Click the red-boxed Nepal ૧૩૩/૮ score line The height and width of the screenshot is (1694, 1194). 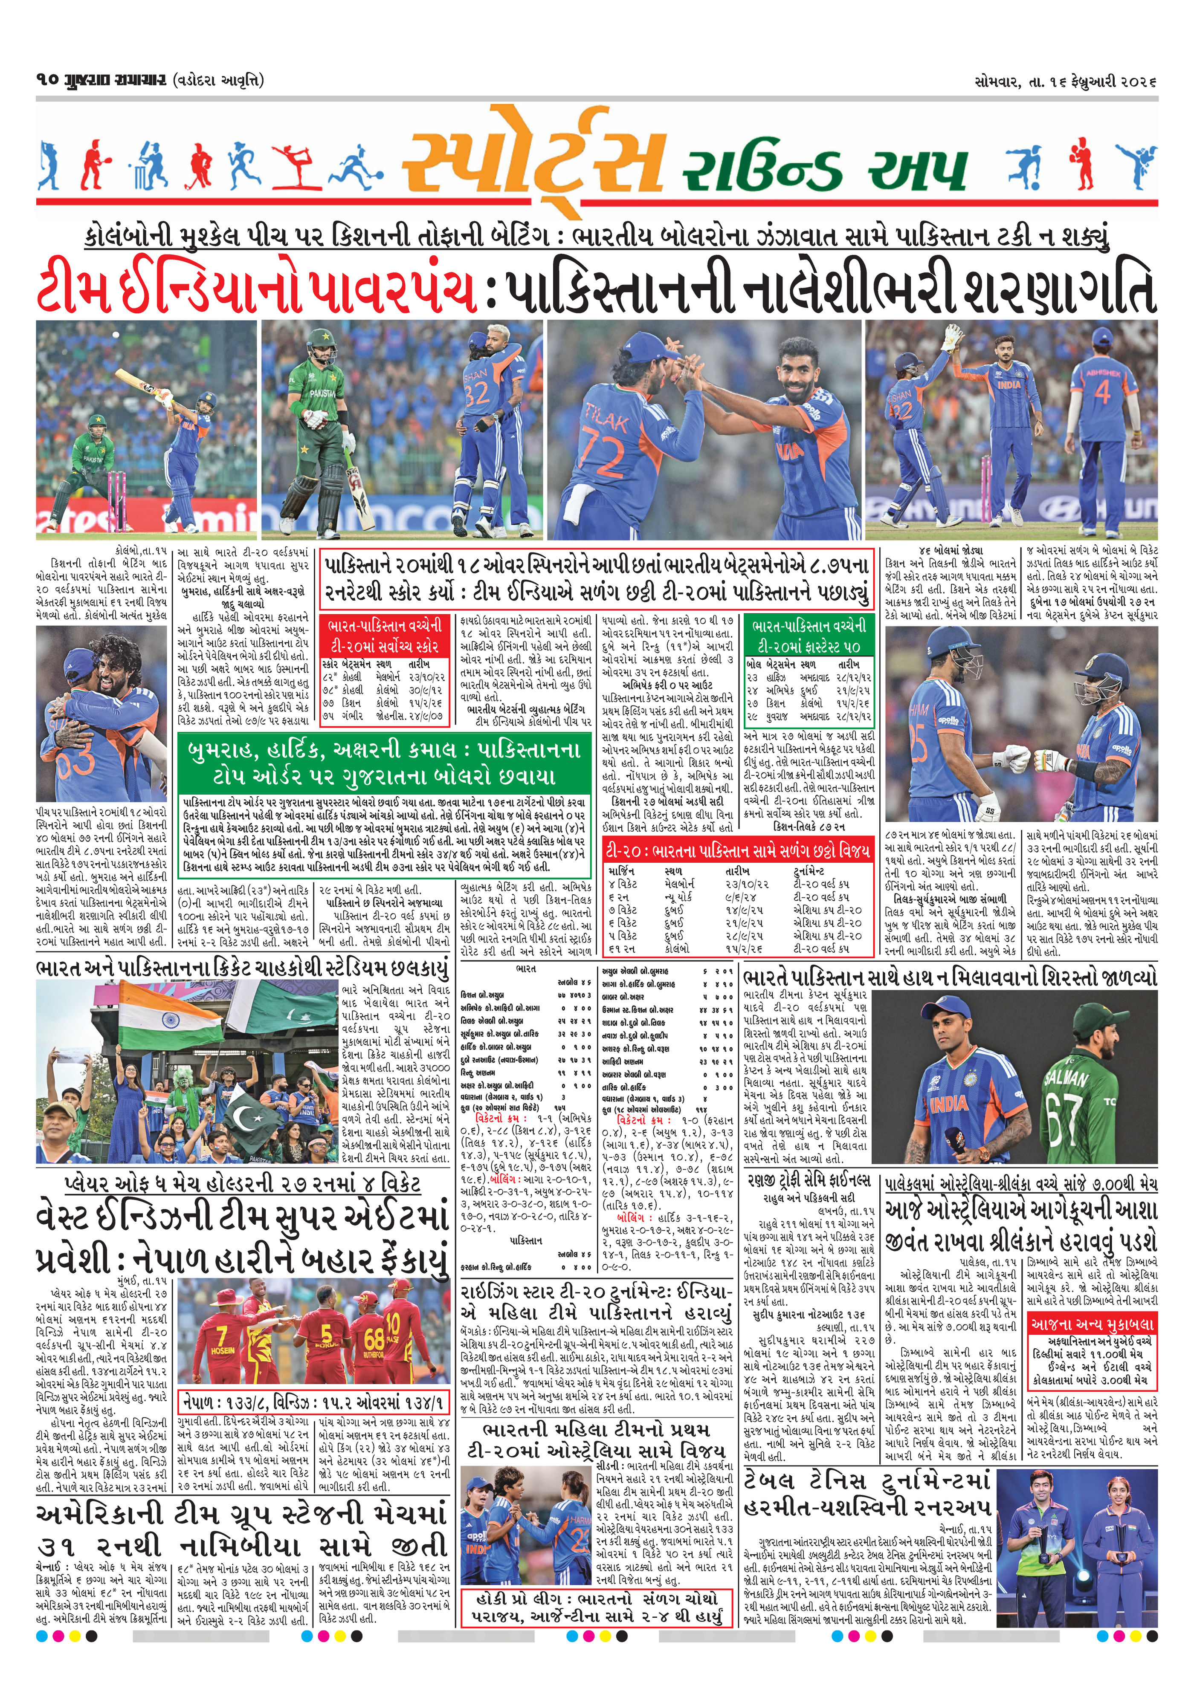(313, 1401)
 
